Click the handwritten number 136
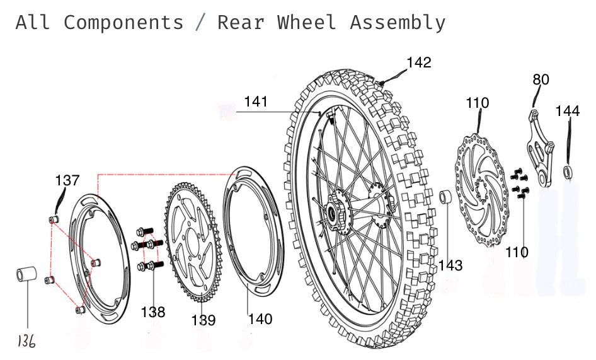26,341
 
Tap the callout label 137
67,180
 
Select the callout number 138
153,311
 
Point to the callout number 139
203,320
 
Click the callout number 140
260,319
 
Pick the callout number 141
256,102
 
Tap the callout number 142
419,62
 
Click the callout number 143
450,265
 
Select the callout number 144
568,111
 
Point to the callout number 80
541,79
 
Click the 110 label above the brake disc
477,103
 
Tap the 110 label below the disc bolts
517,252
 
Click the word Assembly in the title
398,23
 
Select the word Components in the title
123,23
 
